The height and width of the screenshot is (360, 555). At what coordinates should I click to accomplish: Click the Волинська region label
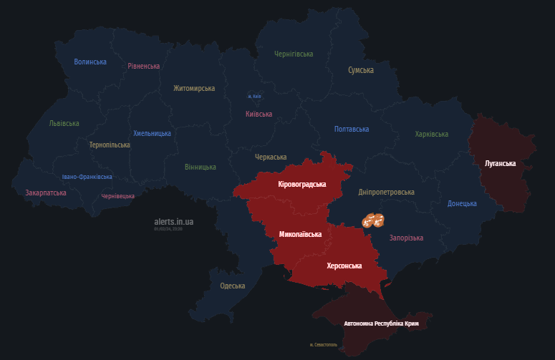(90, 62)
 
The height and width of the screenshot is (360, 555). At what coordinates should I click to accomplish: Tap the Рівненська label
(144, 66)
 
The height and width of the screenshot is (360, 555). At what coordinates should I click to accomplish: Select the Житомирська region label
(194, 88)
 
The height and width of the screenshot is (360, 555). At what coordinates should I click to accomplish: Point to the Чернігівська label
(294, 54)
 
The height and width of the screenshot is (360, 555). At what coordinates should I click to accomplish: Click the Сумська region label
(361, 70)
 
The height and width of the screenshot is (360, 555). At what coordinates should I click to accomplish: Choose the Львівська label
(64, 123)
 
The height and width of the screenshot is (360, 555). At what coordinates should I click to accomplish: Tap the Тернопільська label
(110, 145)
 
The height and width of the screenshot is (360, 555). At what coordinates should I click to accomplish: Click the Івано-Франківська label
(87, 177)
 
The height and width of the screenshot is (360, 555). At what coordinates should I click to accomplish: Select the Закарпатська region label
(46, 193)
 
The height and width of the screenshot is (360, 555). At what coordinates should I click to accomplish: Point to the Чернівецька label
(117, 196)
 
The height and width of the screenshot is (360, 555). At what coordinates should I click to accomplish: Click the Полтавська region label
(352, 129)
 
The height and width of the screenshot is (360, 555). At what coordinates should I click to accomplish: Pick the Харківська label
(432, 134)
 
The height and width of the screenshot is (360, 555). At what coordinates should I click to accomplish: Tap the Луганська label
(500, 163)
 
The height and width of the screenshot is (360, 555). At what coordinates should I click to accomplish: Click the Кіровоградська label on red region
(301, 184)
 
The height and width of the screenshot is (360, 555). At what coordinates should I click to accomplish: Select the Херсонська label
(344, 266)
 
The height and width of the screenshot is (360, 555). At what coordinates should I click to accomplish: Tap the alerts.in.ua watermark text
(173, 222)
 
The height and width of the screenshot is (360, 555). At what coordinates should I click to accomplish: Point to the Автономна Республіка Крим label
(381, 323)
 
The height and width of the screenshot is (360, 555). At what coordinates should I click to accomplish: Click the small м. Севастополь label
(322, 345)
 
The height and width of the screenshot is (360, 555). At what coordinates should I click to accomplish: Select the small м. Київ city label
(254, 97)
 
